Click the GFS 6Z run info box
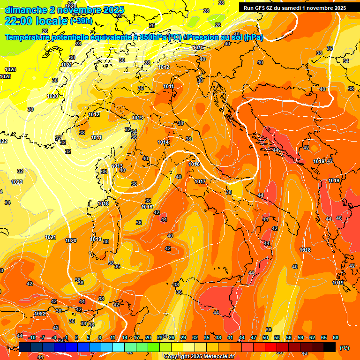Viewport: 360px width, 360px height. tap(294, 8)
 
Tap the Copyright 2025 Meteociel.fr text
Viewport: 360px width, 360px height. tap(199, 357)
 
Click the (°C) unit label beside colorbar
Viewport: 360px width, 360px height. tap(344, 347)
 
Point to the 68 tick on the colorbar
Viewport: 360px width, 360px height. tap(336, 337)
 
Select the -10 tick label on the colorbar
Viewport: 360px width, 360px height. tap(32, 337)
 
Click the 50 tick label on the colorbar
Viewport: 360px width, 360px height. tap(265, 337)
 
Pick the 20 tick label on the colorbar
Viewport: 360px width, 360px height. tap(148, 337)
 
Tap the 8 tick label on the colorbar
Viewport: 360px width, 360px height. tap(100, 337)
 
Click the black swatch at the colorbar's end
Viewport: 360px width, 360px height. tap(330, 347)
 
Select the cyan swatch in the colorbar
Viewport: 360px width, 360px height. tap(119, 347)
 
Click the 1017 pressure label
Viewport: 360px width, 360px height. tap(200, 181)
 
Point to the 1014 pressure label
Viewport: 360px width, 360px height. tap(163, 142)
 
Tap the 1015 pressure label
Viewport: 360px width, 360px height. tap(198, 47)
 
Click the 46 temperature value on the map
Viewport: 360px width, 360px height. tap(338, 218)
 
